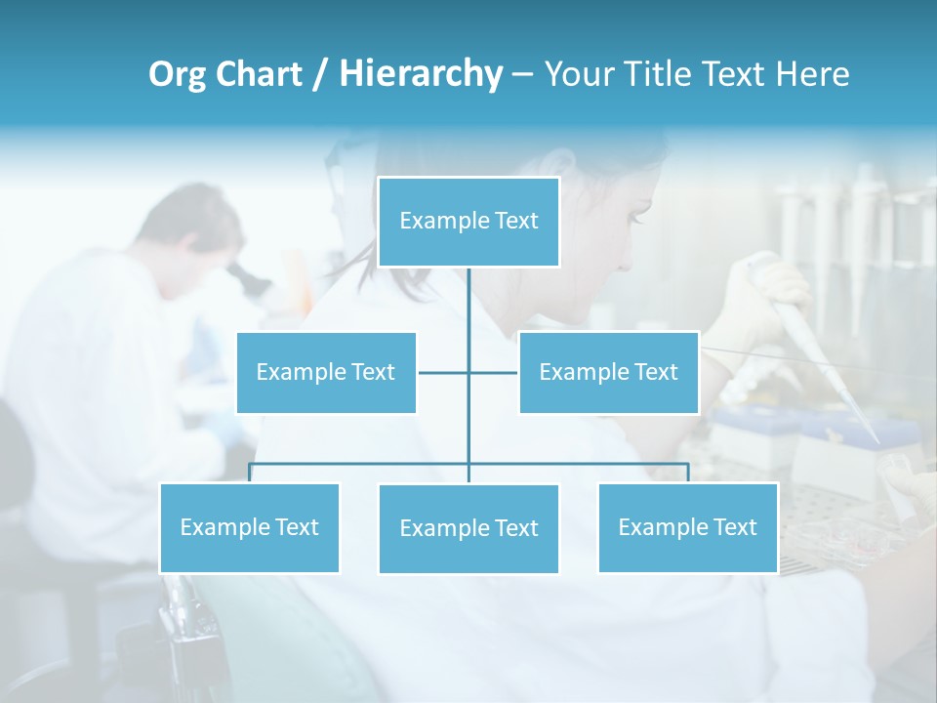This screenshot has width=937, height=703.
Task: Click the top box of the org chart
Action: tap(468, 222)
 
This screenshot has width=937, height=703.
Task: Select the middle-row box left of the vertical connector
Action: tap(326, 372)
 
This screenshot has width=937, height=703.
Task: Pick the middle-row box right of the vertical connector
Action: tap(608, 372)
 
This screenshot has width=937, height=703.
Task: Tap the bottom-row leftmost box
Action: tap(249, 527)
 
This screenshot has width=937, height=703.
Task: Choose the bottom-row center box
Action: tap(468, 528)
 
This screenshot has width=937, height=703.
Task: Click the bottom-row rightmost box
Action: tap(687, 527)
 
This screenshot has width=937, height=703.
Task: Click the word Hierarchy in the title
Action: tap(421, 73)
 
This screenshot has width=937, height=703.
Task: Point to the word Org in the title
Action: tap(178, 74)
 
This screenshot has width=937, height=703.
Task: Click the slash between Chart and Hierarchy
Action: tap(320, 74)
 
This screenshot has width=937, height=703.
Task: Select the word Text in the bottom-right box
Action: tap(734, 527)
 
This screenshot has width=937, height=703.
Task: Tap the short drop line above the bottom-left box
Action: tap(250, 473)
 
